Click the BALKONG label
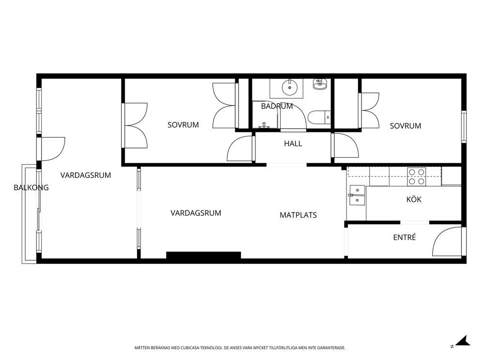[x=31, y=188]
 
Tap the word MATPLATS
[x=298, y=215]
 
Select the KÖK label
[x=414, y=199]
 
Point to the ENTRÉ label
[x=405, y=238]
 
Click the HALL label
[x=293, y=144]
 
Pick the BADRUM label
[x=277, y=106]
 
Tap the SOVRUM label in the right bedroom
[x=405, y=126]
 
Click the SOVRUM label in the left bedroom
[x=183, y=125]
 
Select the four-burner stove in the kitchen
[x=416, y=177]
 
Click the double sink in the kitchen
[x=356, y=195]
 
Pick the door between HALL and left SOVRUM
[x=241, y=149]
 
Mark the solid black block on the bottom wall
[x=203, y=255]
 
